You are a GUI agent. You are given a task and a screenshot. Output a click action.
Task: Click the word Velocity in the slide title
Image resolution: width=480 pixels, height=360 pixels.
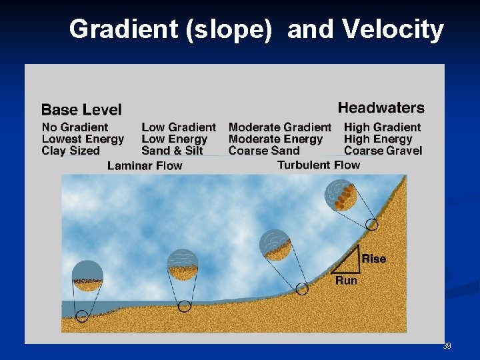(393, 29)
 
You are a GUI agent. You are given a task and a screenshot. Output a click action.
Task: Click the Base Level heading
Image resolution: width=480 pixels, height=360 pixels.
(81, 109)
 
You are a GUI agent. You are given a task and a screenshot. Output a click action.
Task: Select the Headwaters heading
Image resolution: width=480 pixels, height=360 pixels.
(381, 107)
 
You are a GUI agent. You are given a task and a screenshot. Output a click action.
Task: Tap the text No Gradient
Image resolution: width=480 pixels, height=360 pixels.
(75, 127)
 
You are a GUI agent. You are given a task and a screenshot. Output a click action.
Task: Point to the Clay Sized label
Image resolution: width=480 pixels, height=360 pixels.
(71, 151)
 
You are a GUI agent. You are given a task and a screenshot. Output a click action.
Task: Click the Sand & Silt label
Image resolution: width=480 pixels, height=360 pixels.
(172, 151)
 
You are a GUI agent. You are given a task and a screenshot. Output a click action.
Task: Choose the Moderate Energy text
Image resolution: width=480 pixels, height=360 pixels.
(275, 139)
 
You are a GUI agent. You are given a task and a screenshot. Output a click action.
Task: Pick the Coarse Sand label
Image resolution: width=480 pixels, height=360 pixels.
(264, 151)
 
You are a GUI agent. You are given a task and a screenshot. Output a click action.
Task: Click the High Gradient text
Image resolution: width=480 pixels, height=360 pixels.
(382, 127)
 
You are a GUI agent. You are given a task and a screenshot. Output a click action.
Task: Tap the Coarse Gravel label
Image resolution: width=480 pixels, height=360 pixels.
(383, 151)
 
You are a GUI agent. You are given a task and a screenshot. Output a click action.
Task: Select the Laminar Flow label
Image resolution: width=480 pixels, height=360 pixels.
(145, 165)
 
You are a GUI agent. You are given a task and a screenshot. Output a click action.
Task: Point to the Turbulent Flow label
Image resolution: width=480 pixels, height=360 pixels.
(319, 165)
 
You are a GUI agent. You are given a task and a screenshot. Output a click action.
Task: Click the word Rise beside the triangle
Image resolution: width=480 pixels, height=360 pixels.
(373, 259)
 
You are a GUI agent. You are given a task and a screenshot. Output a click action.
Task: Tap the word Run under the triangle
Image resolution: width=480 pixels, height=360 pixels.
(346, 281)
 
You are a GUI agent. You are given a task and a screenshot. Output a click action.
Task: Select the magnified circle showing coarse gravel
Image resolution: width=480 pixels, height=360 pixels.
(340, 195)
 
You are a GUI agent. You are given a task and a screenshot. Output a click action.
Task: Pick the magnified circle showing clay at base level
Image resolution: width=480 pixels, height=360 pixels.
(87, 276)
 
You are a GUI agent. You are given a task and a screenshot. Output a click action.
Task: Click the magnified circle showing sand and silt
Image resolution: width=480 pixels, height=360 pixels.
(182, 264)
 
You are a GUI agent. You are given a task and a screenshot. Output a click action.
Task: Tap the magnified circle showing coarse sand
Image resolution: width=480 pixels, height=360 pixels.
(275, 245)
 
